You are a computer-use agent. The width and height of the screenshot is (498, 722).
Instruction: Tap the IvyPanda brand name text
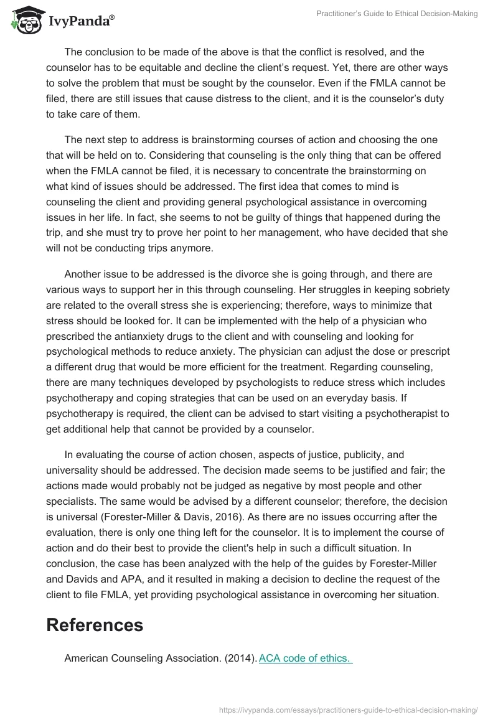click(81, 22)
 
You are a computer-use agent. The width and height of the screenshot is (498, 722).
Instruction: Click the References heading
click(95, 625)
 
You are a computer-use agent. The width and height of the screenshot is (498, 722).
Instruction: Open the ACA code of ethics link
click(306, 658)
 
